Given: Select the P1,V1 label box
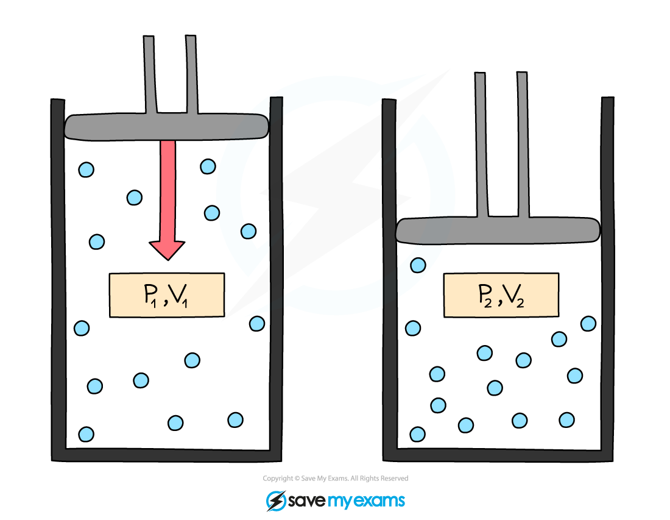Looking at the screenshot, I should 167,295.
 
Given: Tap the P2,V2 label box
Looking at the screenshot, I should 501,295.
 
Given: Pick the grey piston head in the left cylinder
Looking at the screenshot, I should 167,126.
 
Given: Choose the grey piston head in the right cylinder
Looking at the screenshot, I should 498,230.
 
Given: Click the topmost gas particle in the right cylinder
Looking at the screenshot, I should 418,265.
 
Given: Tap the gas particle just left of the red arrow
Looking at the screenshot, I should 134,198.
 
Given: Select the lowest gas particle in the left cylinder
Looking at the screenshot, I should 86,434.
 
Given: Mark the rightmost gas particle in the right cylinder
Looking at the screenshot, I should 588,323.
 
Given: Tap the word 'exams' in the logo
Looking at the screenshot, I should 379,501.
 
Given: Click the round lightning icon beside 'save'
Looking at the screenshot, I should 276,500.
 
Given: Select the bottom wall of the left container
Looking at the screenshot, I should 167,455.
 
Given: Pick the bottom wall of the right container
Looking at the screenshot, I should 498,455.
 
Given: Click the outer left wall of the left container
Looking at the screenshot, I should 58,274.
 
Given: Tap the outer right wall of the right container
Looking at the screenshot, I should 607,274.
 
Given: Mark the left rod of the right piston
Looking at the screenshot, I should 481,146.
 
